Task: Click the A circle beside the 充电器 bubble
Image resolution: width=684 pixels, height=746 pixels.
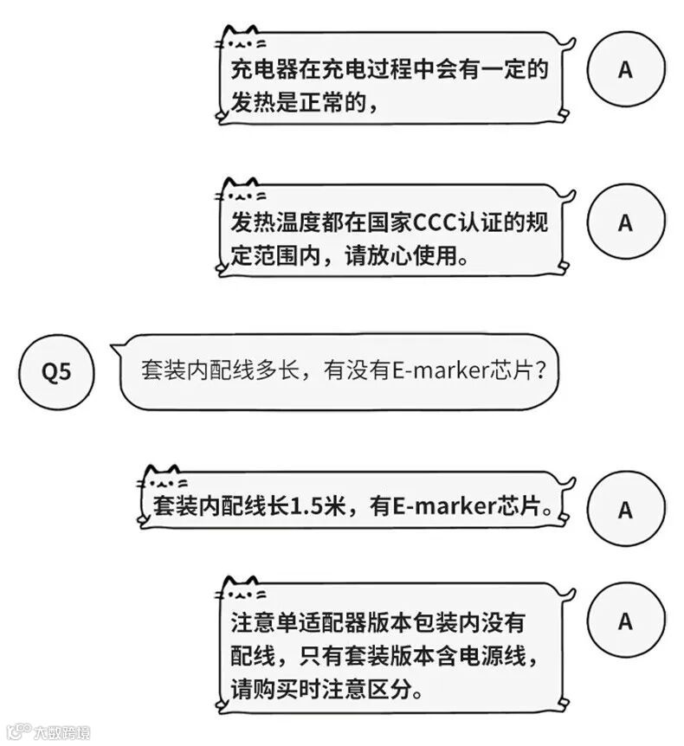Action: tap(625, 70)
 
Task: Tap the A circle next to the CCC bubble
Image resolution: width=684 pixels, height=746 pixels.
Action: tap(625, 222)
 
